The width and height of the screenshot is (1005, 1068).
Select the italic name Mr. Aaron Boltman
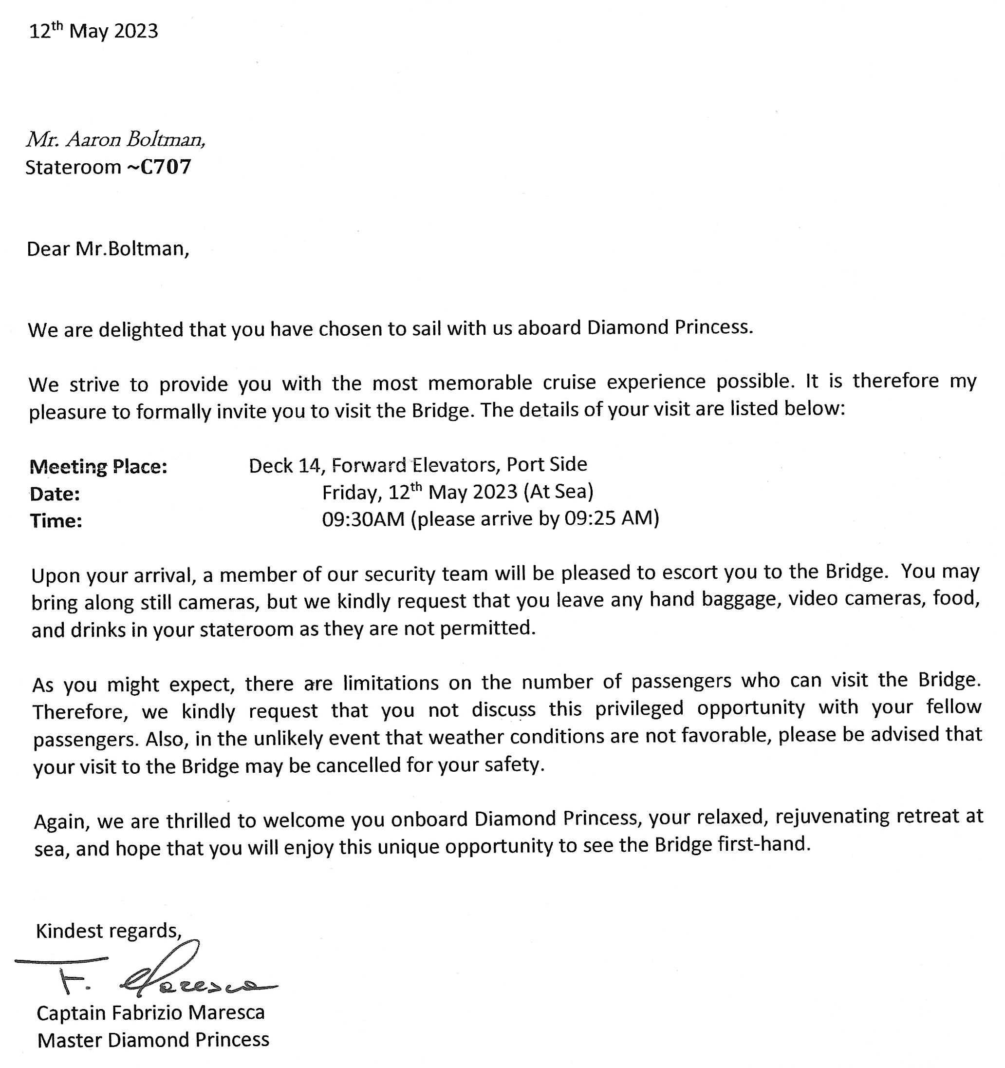tap(115, 140)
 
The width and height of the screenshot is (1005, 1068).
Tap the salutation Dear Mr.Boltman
tap(108, 249)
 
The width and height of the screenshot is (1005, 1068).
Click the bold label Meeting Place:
tap(98, 467)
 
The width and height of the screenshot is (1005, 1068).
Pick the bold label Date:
tap(55, 494)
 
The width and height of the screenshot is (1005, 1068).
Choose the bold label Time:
tap(56, 520)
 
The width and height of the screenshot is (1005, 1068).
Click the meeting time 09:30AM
tap(363, 519)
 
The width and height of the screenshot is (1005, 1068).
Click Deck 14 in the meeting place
tap(286, 465)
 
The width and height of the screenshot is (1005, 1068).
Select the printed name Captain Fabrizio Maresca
tap(150, 1012)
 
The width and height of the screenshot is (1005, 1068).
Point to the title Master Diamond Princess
tap(153, 1040)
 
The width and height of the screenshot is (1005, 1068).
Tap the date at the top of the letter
tap(93, 31)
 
